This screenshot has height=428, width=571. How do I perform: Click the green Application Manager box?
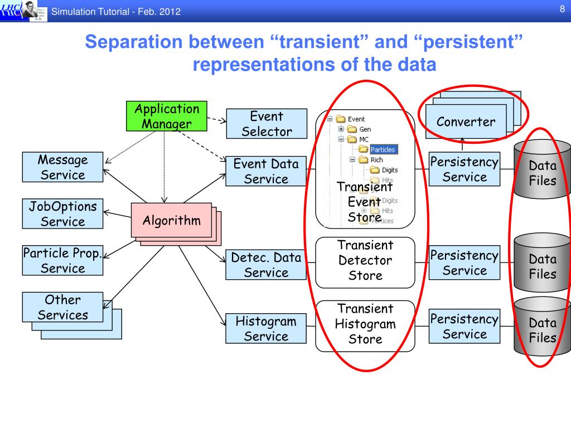[166, 116]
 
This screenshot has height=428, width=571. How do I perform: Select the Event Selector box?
[267, 124]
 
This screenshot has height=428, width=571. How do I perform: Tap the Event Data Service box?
[266, 171]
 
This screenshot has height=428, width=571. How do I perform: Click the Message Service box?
[62, 167]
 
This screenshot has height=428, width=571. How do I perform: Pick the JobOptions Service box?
[62, 214]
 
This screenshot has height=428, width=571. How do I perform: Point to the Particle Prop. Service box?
[62, 260]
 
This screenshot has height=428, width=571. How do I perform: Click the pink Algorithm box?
[171, 220]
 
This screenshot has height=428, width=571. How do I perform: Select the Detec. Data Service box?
[266, 265]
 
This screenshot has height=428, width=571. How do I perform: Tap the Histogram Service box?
[266, 328]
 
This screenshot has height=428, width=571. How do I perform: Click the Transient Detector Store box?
[365, 260]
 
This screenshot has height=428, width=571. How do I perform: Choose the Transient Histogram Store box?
[365, 324]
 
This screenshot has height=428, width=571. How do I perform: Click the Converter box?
[466, 121]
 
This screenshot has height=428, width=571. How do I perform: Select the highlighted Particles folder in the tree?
[382, 149]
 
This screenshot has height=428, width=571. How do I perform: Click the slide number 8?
[562, 8]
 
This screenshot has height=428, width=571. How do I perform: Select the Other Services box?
[62, 307]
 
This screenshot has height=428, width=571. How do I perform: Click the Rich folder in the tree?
[376, 160]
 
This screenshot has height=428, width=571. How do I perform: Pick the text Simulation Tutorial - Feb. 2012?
[116, 12]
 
